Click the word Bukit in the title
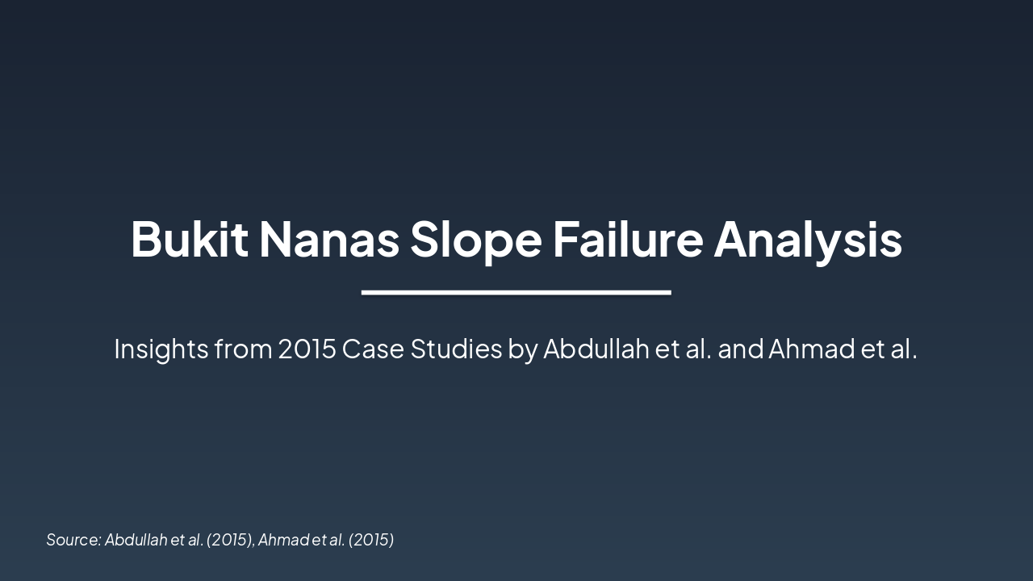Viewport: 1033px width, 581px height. pyautogui.click(x=189, y=240)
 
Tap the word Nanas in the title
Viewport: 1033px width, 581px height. pyautogui.click(x=328, y=240)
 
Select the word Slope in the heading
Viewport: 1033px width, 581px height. pyautogui.click(x=475, y=240)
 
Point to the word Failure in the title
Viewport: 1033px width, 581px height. pyautogui.click(x=627, y=240)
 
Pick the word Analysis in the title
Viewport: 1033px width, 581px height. pyautogui.click(x=807, y=240)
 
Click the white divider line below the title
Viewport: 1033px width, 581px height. pyautogui.click(x=516, y=292)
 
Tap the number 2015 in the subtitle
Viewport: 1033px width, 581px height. pyautogui.click(x=307, y=349)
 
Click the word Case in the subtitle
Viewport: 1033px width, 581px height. pyautogui.click(x=373, y=349)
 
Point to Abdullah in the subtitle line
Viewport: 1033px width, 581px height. pyautogui.click(x=596, y=349)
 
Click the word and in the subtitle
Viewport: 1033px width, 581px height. pyautogui.click(x=739, y=349)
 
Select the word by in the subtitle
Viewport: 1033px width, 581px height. pyautogui.click(x=522, y=349)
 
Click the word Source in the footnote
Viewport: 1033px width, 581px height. pyautogui.click(x=73, y=540)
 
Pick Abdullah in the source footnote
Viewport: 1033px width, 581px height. pyautogui.click(x=136, y=540)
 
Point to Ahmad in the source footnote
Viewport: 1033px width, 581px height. pyautogui.click(x=282, y=540)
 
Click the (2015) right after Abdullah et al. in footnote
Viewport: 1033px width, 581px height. pyautogui.click(x=230, y=540)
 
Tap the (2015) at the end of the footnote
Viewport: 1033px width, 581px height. pyautogui.click(x=371, y=540)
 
